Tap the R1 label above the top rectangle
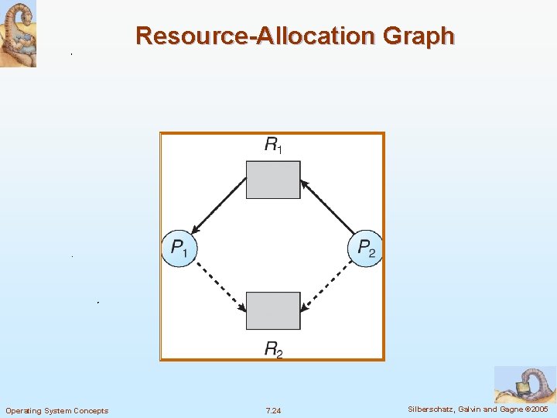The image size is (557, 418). pos(273,145)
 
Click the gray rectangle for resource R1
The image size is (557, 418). pos(273,180)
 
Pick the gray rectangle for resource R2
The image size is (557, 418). pos(273,311)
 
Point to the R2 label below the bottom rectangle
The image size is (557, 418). pos(273,350)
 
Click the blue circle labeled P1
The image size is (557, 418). pos(179,248)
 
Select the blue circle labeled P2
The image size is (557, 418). pos(366,248)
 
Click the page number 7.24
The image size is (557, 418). pos(273,410)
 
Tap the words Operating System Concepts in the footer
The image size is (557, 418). pos(57,410)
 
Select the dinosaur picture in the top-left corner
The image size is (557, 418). pos(18,34)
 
